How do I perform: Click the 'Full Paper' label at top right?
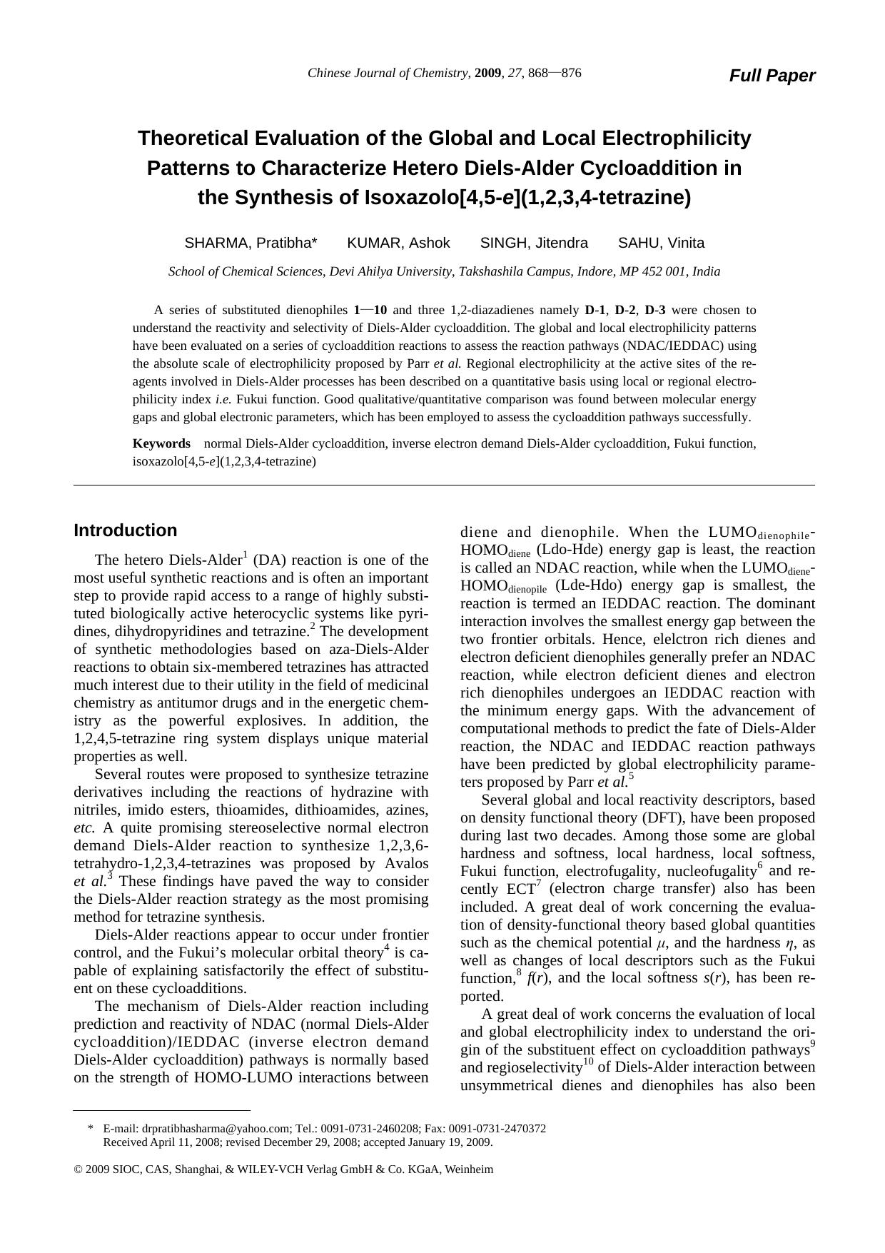click(x=772, y=76)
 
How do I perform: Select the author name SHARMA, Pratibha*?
click(x=251, y=243)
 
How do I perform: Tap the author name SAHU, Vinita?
click(x=661, y=243)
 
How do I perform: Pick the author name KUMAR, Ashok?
click(x=398, y=243)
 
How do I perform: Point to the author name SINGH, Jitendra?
click(x=534, y=243)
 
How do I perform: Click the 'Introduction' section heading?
click(x=126, y=530)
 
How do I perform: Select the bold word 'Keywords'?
click(x=161, y=443)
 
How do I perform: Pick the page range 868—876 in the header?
click(x=555, y=73)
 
